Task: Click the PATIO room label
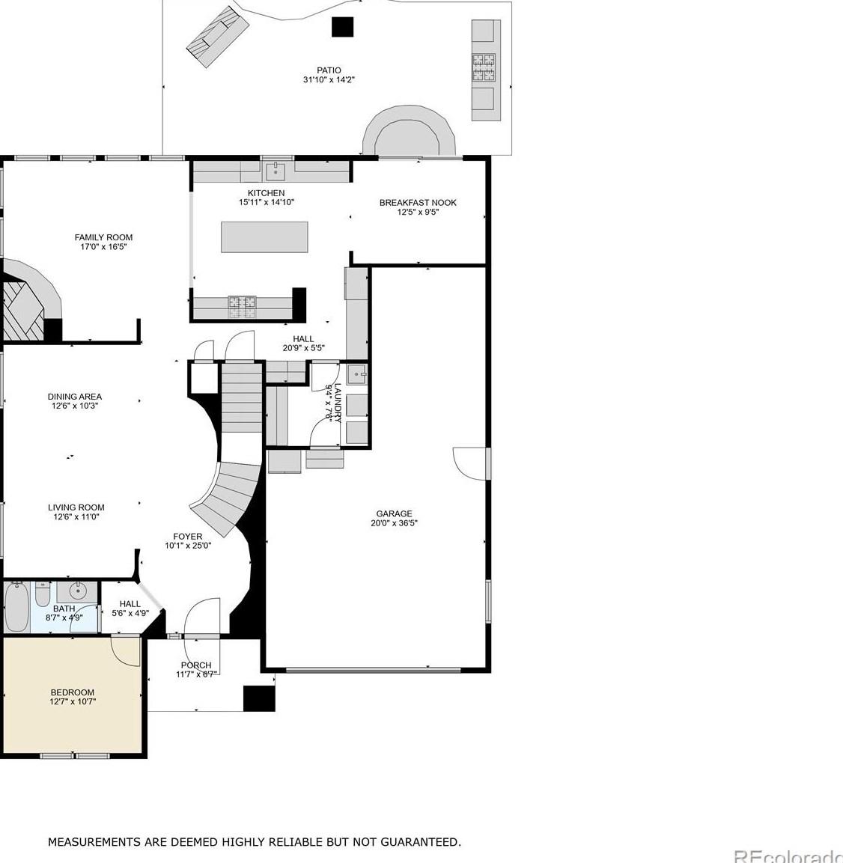tap(329, 70)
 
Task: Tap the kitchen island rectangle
tap(264, 237)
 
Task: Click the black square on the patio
tap(342, 27)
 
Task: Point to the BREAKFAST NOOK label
tap(418, 203)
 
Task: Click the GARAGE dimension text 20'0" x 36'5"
tap(395, 523)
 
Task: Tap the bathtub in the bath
tap(16, 608)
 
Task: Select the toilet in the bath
tap(43, 594)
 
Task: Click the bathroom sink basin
tap(78, 591)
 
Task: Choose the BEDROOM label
tap(72, 692)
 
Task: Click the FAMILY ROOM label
tap(103, 237)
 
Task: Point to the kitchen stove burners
tap(243, 308)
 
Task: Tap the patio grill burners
tap(483, 67)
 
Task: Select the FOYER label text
tap(188, 536)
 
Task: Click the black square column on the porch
tap(259, 698)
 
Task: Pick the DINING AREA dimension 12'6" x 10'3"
tap(75, 406)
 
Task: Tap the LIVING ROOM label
tap(76, 507)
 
